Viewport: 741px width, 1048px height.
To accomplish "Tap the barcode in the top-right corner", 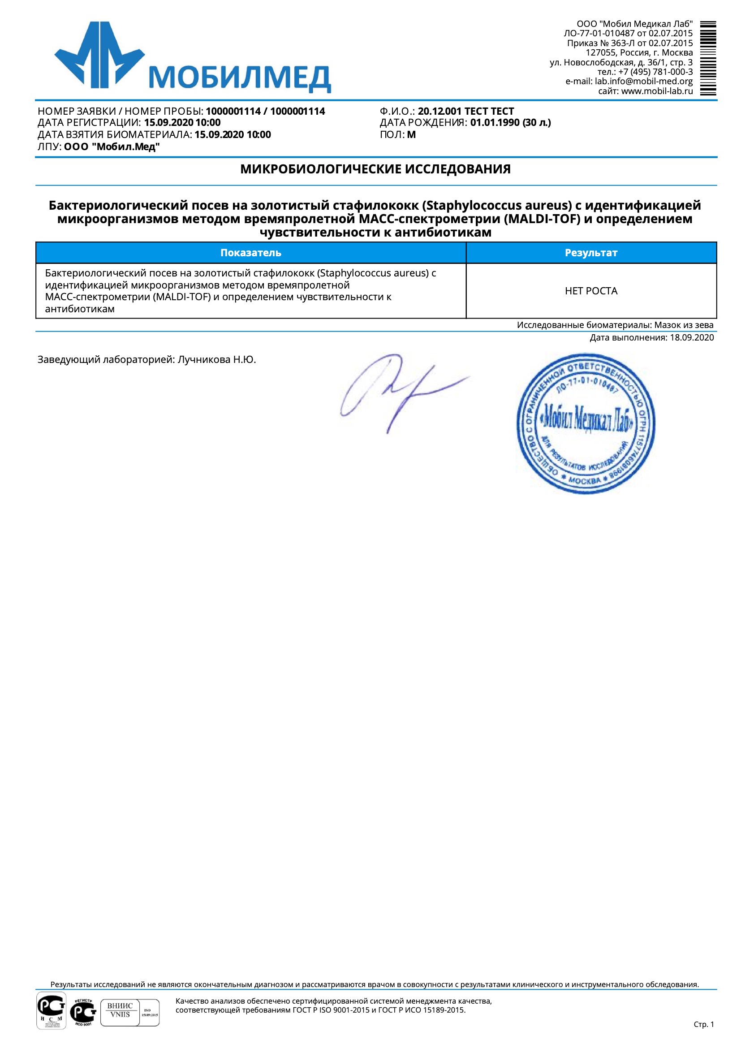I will (x=708, y=58).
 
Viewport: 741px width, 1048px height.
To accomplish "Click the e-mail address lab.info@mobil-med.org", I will (x=643, y=81).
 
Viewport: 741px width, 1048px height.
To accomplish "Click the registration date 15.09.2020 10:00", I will (x=182, y=122).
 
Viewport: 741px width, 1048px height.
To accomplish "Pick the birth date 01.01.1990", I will (x=495, y=122).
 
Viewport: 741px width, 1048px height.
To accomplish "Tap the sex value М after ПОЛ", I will (x=411, y=135).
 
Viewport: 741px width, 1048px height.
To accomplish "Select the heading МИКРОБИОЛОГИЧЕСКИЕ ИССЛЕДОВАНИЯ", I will (x=375, y=169).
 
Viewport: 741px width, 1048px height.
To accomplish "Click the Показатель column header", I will (x=250, y=253).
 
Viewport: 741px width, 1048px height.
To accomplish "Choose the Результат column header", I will (x=591, y=253).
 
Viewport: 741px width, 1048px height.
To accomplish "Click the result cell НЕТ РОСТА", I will (x=591, y=291).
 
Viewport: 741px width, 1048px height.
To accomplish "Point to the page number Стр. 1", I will (x=703, y=1024).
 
